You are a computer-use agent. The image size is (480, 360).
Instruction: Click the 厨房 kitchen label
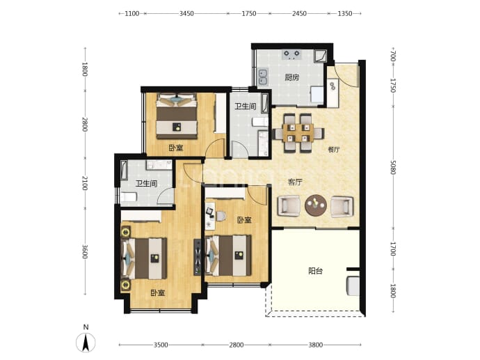[291, 77]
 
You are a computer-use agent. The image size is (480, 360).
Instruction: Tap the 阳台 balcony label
[315, 271]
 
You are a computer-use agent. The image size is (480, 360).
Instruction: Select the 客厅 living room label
[295, 182]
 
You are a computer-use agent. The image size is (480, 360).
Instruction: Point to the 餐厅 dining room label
[334, 150]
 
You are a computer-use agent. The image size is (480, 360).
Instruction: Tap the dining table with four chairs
[298, 133]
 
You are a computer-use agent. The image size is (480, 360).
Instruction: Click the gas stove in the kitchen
[291, 54]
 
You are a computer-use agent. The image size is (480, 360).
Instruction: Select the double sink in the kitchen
[263, 77]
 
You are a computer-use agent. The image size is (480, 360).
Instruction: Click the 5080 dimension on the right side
[393, 167]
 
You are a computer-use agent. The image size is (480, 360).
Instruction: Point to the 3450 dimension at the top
[186, 13]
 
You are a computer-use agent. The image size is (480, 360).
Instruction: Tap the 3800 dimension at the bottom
[315, 345]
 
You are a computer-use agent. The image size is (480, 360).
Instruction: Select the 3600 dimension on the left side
[85, 251]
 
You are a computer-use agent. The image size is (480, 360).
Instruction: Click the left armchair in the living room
[289, 206]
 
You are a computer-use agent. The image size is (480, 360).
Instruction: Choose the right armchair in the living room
[342, 207]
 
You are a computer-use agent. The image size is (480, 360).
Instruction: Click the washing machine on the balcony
[353, 286]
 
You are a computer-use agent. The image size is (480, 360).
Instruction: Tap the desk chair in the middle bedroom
[221, 216]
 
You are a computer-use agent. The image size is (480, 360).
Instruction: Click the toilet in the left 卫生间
[129, 196]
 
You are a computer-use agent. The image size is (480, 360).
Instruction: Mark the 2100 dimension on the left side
[85, 183]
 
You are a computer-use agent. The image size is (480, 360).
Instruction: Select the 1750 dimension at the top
[249, 13]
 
